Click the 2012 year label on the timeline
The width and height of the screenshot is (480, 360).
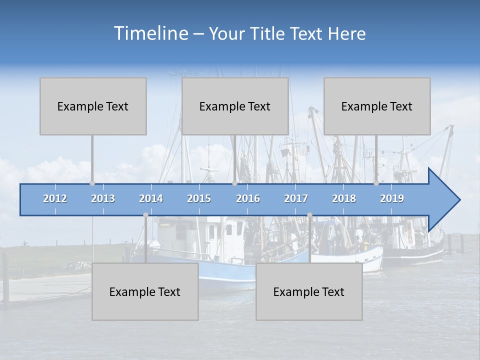[55, 198]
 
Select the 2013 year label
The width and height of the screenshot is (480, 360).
[103, 198]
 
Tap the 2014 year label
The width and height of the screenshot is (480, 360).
[151, 198]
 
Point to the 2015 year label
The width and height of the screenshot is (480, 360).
[199, 198]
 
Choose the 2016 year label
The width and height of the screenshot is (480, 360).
[248, 198]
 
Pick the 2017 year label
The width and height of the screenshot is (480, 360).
[296, 198]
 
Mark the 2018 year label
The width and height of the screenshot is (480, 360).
[344, 198]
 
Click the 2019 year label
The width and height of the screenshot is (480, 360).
[392, 198]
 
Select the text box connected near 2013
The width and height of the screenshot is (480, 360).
[93, 106]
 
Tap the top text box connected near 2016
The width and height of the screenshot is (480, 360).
[235, 106]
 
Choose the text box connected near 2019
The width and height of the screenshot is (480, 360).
[377, 106]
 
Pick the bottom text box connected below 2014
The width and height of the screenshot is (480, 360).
[145, 291]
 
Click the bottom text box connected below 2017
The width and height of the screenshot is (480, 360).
[309, 291]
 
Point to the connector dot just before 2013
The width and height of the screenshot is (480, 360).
[92, 183]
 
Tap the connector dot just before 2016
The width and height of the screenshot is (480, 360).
[234, 183]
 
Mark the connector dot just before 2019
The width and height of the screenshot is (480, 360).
[376, 183]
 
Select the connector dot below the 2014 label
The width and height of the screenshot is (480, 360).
[145, 215]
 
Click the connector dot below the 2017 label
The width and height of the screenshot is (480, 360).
[309, 215]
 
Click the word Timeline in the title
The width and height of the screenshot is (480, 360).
[150, 33]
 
